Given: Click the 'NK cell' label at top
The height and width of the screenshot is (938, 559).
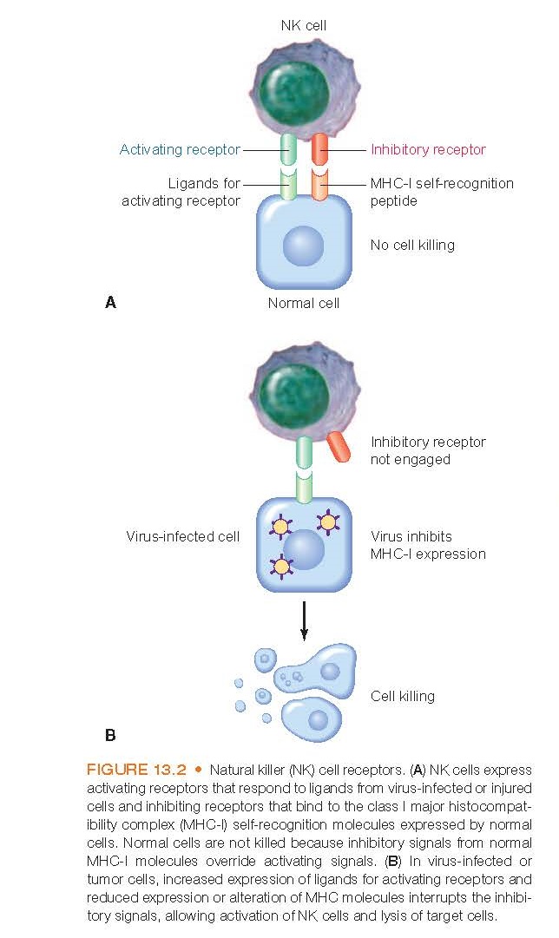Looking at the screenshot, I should click(x=303, y=26).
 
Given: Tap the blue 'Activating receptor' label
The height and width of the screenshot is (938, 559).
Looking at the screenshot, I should click(x=180, y=149).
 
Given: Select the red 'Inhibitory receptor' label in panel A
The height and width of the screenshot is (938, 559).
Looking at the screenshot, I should click(x=428, y=149).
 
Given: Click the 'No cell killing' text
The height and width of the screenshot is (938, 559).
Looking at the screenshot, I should click(x=412, y=245).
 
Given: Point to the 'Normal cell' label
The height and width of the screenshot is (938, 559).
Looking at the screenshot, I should click(x=303, y=303).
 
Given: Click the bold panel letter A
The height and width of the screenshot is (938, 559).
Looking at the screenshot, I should click(x=109, y=302).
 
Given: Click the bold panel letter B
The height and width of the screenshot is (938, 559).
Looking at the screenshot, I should click(x=110, y=735).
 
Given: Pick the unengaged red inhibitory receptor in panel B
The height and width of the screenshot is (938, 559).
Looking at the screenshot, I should click(x=339, y=445).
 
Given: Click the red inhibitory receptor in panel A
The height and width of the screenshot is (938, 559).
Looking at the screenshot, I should click(x=319, y=148).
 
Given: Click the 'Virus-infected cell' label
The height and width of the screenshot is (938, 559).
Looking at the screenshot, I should click(x=182, y=536).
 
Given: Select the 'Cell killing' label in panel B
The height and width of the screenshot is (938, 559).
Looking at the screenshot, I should click(x=403, y=695).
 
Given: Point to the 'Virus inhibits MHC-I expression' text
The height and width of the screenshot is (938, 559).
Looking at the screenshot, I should click(x=428, y=545).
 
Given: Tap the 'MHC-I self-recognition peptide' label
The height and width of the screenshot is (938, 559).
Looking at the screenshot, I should click(x=442, y=192).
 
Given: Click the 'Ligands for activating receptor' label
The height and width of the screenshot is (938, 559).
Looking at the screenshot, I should click(x=181, y=192).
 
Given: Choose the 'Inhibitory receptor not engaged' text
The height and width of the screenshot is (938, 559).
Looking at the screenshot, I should click(x=428, y=450).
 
